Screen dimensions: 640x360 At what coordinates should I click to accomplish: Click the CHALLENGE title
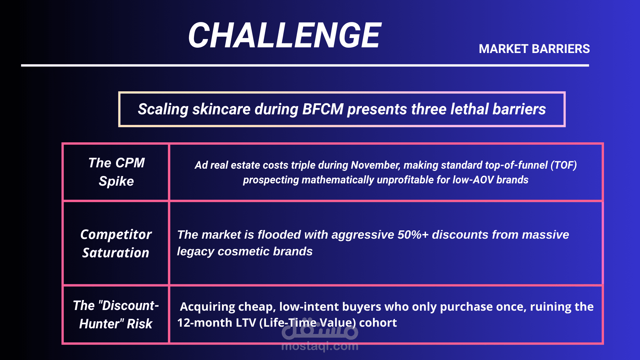click(284, 35)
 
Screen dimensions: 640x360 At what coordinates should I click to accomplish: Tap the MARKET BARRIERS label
click(534, 49)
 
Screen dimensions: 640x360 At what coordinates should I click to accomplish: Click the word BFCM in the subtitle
click(323, 109)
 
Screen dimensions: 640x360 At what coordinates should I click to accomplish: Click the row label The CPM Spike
click(116, 172)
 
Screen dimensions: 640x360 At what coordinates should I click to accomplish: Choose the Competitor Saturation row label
click(116, 244)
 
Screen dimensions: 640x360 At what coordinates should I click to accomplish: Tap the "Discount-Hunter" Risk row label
click(116, 315)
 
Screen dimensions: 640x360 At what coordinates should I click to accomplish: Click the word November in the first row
click(375, 165)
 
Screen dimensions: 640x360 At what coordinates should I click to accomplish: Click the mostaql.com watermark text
click(320, 346)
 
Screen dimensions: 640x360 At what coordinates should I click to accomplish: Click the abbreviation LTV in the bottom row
click(246, 323)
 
